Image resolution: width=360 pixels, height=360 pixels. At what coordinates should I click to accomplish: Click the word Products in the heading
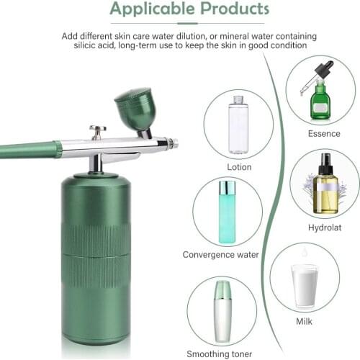coord(228,9)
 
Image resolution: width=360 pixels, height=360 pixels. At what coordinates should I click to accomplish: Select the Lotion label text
coord(238,167)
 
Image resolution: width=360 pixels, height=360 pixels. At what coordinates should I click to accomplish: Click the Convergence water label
coord(220,254)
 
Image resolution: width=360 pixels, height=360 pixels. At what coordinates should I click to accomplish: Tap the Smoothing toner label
coord(221,354)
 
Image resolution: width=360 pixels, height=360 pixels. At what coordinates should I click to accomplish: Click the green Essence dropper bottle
coord(320,101)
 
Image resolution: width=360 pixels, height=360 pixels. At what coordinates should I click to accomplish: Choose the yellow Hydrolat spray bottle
coord(326,192)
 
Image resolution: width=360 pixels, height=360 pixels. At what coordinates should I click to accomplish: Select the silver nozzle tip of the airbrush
coord(174,143)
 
